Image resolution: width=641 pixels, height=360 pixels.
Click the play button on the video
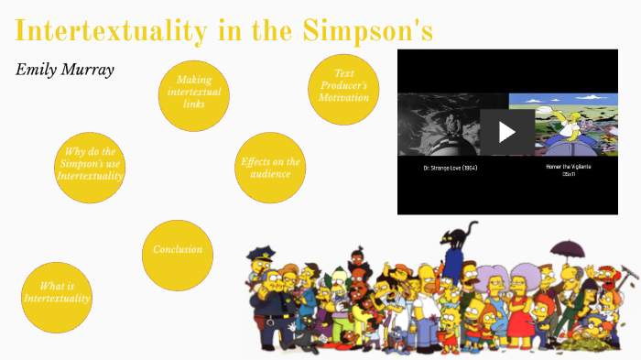pos(507,131)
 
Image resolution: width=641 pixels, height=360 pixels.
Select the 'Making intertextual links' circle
pos(194,93)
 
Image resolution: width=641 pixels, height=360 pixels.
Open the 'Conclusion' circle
pos(178,250)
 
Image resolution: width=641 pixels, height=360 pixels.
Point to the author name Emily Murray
pos(65,70)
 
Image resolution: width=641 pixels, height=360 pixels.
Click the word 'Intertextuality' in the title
pos(111,30)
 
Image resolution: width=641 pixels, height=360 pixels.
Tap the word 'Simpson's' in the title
pos(366,29)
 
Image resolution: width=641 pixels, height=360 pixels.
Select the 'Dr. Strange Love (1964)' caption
pos(451,169)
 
